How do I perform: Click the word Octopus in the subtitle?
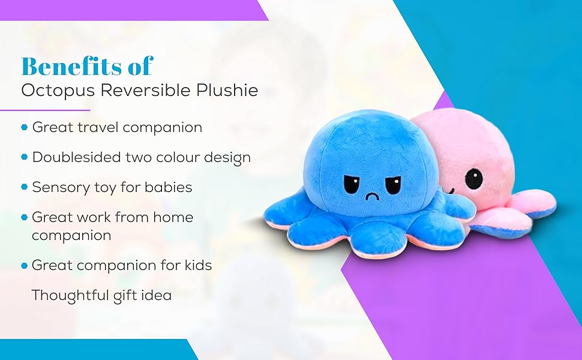tap(50, 91)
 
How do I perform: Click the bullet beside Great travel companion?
tap(25, 127)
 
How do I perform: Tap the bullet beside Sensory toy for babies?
tap(25, 187)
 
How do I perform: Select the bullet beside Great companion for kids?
tap(25, 265)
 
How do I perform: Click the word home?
tap(174, 217)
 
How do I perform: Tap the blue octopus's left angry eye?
tap(352, 182)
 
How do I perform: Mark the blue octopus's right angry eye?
tap(392, 184)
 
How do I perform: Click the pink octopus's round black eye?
tap(473, 178)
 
